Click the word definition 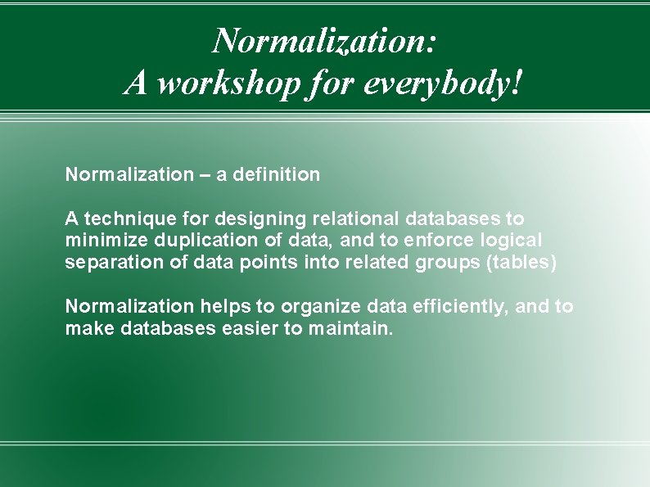click(279, 174)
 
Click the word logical click(512, 240)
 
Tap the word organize click(315, 306)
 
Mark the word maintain click(349, 328)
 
